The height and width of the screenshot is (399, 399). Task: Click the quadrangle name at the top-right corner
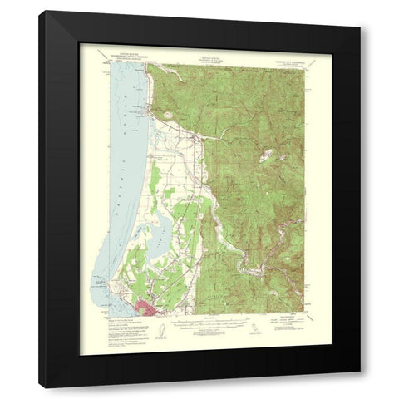(x=287, y=58)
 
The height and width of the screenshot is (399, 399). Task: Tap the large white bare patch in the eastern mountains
(x=266, y=155)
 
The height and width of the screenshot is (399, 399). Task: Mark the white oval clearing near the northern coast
(x=169, y=117)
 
